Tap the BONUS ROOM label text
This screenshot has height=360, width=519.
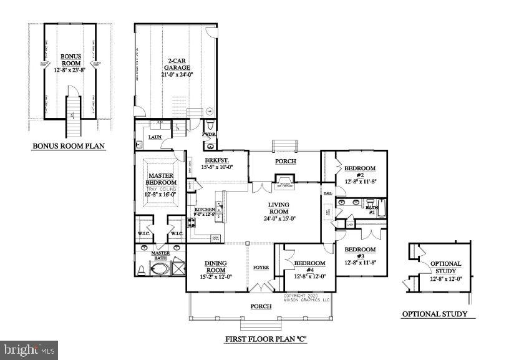[70, 59]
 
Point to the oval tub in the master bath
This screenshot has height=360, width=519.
[160, 270]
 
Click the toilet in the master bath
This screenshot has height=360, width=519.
[142, 270]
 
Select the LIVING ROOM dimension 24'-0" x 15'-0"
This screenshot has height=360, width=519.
[281, 218]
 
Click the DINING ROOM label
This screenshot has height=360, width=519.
[213, 266]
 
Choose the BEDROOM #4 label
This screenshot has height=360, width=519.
[310, 263]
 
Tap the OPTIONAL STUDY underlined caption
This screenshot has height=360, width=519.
[434, 314]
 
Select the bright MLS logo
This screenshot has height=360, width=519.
[29, 349]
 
